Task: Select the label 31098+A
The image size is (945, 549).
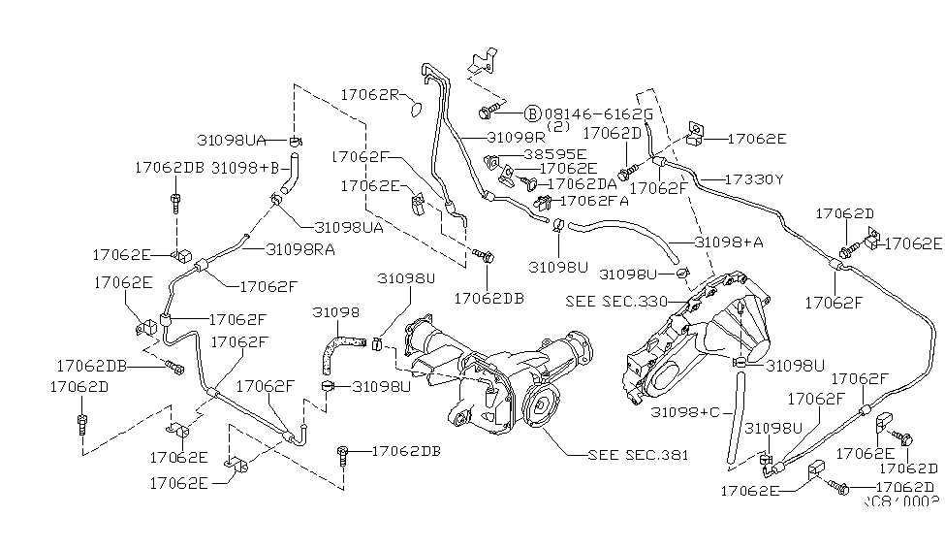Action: tap(729, 242)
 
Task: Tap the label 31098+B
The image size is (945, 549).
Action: tap(244, 167)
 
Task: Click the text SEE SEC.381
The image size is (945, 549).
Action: tap(638, 454)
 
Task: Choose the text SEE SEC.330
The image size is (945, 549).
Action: tap(616, 302)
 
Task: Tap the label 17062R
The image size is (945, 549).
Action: tap(370, 94)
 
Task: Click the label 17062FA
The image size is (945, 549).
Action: tap(595, 201)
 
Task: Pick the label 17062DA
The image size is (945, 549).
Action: tap(583, 183)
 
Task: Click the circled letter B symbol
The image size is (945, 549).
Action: tap(532, 113)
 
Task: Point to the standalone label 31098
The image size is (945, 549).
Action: tap(335, 312)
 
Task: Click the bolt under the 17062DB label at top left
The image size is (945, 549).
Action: tap(174, 202)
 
